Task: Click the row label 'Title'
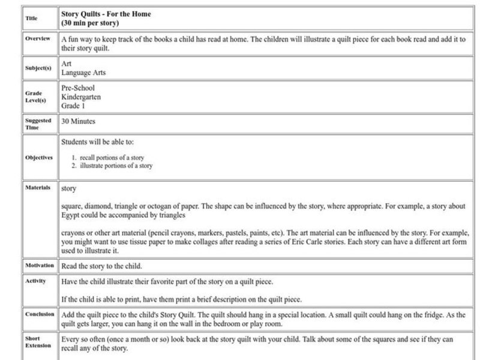pos(31,19)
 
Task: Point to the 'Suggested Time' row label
pos(38,124)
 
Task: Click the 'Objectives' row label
pos(38,158)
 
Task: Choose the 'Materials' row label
pos(37,187)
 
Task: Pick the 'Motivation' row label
pos(39,265)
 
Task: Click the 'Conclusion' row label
pos(39,314)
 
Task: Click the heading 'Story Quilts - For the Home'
pos(106,13)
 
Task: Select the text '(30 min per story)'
pos(90,23)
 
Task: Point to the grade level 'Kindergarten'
pos(81,97)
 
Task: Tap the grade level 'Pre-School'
pos(78,88)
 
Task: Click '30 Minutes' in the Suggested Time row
pos(79,121)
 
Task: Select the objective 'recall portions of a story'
pos(113,157)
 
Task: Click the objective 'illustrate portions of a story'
pos(116,166)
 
